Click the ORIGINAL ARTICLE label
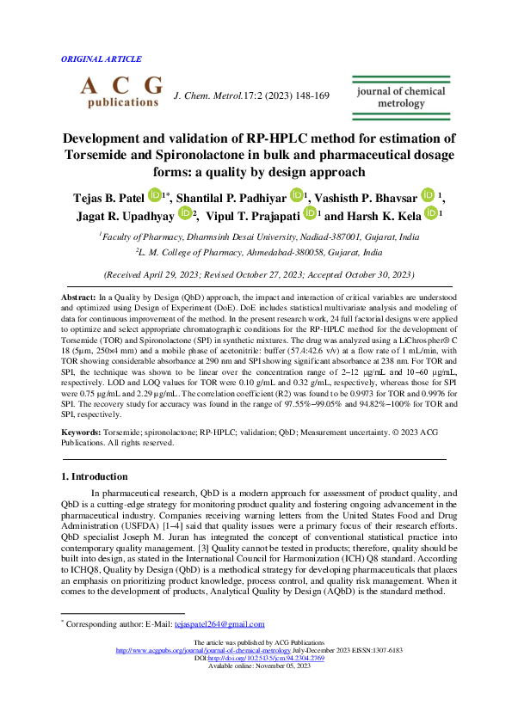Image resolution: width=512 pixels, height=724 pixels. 102,59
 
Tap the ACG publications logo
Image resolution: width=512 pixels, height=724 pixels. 120,91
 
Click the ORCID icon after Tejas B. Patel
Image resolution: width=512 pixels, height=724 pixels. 154,196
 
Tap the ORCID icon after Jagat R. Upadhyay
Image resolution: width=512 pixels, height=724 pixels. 186,213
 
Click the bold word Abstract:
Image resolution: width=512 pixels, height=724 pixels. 78,297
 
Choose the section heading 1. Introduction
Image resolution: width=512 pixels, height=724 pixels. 96,476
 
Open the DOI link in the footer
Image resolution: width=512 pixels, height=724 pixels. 262,658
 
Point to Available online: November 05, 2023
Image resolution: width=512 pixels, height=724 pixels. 256,666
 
